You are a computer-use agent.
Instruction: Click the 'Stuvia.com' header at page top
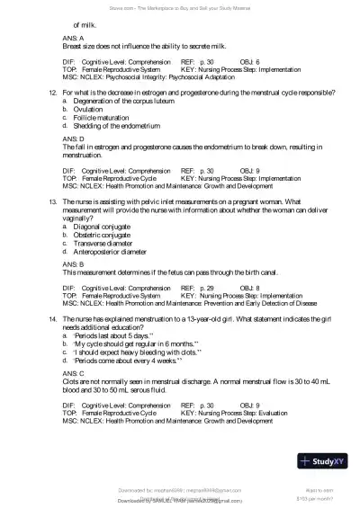pyautogui.click(x=180, y=6)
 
